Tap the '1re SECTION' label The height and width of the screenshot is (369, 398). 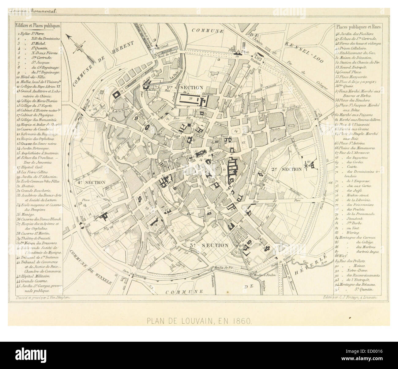(x=185, y=88)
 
